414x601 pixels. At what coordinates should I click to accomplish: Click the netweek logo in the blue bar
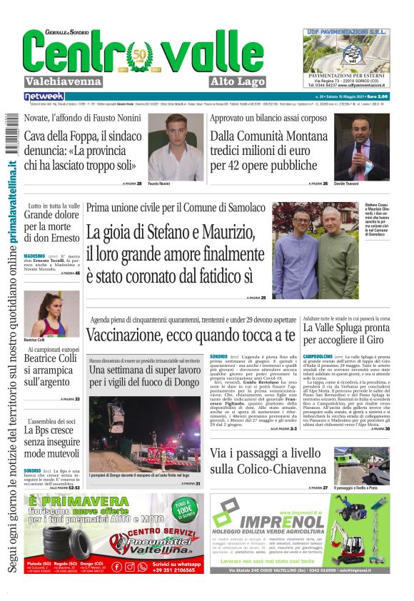tap(44, 96)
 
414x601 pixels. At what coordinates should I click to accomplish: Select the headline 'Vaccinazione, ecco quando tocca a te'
tap(191, 335)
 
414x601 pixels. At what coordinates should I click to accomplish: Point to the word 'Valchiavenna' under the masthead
tap(63, 81)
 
